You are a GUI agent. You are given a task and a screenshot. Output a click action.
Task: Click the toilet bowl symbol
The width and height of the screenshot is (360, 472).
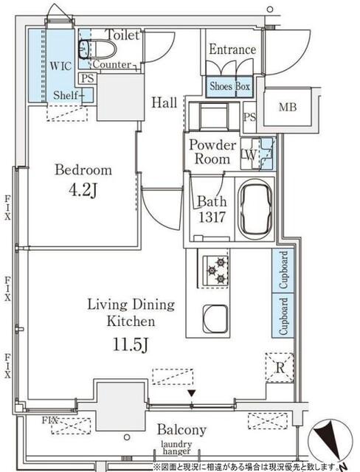[98, 49]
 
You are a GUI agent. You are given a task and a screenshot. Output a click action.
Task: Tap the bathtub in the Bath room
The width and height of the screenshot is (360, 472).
[255, 208]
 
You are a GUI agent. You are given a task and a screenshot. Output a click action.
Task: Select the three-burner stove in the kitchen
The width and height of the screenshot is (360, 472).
[215, 271]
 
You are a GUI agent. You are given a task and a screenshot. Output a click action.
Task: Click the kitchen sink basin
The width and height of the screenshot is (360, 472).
[215, 319]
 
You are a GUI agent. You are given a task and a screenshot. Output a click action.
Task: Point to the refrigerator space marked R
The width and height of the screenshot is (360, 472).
[280, 367]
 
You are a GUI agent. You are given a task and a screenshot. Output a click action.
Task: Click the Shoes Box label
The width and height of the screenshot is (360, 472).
[229, 86]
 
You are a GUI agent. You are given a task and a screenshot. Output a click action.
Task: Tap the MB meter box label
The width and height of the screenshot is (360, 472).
[288, 107]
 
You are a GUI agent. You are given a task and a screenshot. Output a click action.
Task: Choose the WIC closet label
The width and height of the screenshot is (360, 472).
[60, 66]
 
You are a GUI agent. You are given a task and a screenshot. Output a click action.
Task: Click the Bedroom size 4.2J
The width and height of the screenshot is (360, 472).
[83, 190]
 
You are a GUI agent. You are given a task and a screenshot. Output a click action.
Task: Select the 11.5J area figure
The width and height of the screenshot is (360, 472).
[131, 344]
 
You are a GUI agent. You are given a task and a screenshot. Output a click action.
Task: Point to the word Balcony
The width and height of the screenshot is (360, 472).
[181, 430]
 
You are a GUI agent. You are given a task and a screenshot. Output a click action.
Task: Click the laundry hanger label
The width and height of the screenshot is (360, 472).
[176, 448]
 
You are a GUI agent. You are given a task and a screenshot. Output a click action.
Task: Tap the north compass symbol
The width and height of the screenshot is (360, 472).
[330, 441]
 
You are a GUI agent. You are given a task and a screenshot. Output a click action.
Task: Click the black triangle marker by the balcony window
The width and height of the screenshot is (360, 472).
[192, 393]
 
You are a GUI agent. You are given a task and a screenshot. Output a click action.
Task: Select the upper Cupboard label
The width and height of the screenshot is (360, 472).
[283, 270]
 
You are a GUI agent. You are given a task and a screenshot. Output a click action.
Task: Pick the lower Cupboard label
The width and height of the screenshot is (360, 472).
[283, 316]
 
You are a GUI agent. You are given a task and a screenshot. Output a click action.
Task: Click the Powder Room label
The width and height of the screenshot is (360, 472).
[212, 152]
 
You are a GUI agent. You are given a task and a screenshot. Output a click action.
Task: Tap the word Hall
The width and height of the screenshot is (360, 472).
[164, 103]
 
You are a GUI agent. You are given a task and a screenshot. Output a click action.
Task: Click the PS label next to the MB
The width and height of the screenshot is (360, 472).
[249, 117]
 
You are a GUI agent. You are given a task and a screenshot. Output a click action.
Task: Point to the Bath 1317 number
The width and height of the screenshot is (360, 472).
[212, 217]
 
